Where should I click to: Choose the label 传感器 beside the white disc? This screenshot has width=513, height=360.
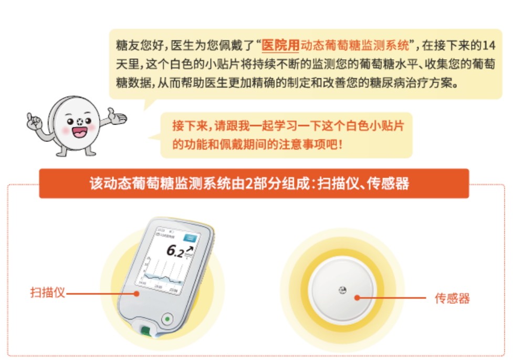pos(452,299)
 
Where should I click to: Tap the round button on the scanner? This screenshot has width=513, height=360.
pos(168,318)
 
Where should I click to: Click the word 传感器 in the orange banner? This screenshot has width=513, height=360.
pos(388,184)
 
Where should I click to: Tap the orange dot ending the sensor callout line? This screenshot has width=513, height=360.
pos(357,298)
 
